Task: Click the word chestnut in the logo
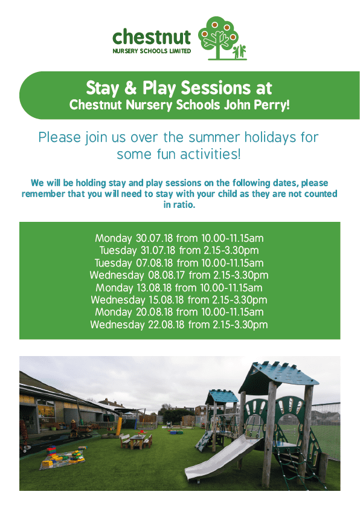pyautogui.click(x=152, y=37)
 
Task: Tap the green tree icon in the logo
pyautogui.click(x=217, y=37)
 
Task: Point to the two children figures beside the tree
pyautogui.click(x=239, y=51)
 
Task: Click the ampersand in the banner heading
pyautogui.click(x=130, y=88)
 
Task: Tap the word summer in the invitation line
pyautogui.click(x=214, y=138)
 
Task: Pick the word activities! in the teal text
pyautogui.click(x=210, y=154)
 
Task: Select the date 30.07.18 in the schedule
pyautogui.click(x=154, y=238)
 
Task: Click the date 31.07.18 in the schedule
pyautogui.click(x=158, y=250)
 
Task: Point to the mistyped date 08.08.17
pyautogui.click(x=166, y=275)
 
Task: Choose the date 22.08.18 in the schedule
pyautogui.click(x=166, y=324)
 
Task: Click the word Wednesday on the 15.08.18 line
pyautogui.click(x=118, y=300)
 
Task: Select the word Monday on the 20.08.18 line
pyautogui.click(x=114, y=312)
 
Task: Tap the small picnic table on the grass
pyautogui.click(x=137, y=441)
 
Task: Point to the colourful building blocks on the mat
pyautogui.click(x=63, y=456)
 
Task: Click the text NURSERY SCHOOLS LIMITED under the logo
pyautogui.click(x=152, y=51)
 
